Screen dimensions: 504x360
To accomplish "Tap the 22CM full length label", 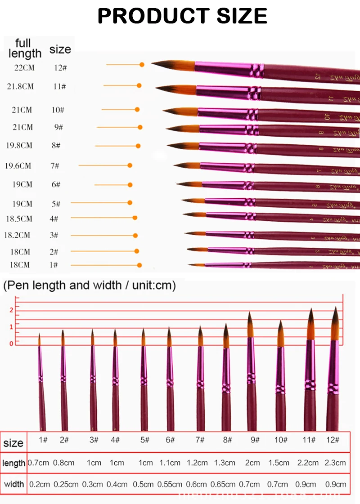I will click(24, 68).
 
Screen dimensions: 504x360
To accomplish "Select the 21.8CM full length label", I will click(20, 86).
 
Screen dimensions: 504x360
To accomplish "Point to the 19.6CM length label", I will click(18, 165).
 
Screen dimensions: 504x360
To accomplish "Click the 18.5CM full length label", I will click(18, 219).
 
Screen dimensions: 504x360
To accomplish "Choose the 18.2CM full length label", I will click(17, 235).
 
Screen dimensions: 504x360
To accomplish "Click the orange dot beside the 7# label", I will click(130, 165).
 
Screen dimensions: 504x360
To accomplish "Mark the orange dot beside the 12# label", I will click(142, 65).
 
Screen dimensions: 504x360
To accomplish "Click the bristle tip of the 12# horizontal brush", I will click(157, 64).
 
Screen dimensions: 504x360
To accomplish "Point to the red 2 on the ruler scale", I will click(11, 310).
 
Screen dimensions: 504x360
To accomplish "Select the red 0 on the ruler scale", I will click(11, 343).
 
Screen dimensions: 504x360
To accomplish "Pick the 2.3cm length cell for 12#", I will click(335, 462).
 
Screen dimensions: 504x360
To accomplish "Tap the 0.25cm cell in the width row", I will click(66, 484).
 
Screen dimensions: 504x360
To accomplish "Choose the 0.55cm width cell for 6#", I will click(170, 484).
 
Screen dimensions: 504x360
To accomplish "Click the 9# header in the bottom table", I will click(254, 440).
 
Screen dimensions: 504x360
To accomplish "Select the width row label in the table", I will click(14, 484).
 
